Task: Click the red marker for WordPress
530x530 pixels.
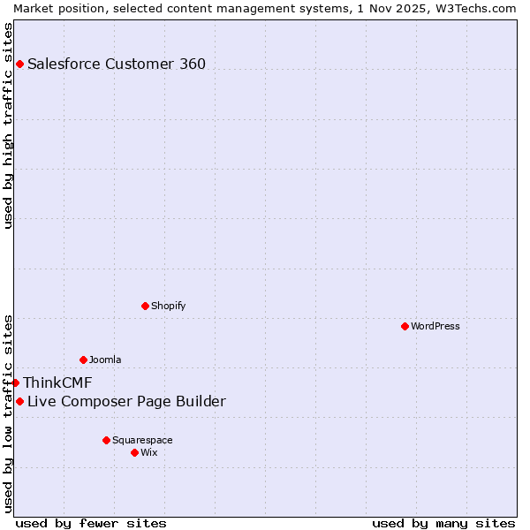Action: point(405,326)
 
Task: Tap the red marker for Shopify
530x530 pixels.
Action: point(145,306)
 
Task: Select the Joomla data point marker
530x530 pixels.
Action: point(83,360)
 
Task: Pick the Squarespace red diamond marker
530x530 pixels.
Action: point(106,440)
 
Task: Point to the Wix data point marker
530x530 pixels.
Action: point(134,452)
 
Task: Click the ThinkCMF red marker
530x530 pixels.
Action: point(15,382)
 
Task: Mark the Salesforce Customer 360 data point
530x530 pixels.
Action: point(19,64)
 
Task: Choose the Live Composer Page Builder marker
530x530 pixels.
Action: point(19,402)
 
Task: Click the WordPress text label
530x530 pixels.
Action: point(435,326)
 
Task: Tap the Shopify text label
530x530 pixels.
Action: point(169,306)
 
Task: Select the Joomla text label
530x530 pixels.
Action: point(105,360)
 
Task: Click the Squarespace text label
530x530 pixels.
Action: point(142,440)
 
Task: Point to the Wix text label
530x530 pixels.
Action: point(149,452)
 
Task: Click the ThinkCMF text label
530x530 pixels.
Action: point(57,382)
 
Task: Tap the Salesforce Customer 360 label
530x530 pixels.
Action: point(117,64)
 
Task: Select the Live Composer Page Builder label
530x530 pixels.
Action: point(126,402)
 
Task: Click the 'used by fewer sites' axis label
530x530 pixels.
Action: point(91,523)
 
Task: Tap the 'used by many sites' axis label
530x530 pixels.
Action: point(443,523)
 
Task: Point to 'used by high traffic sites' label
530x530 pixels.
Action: point(8,125)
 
